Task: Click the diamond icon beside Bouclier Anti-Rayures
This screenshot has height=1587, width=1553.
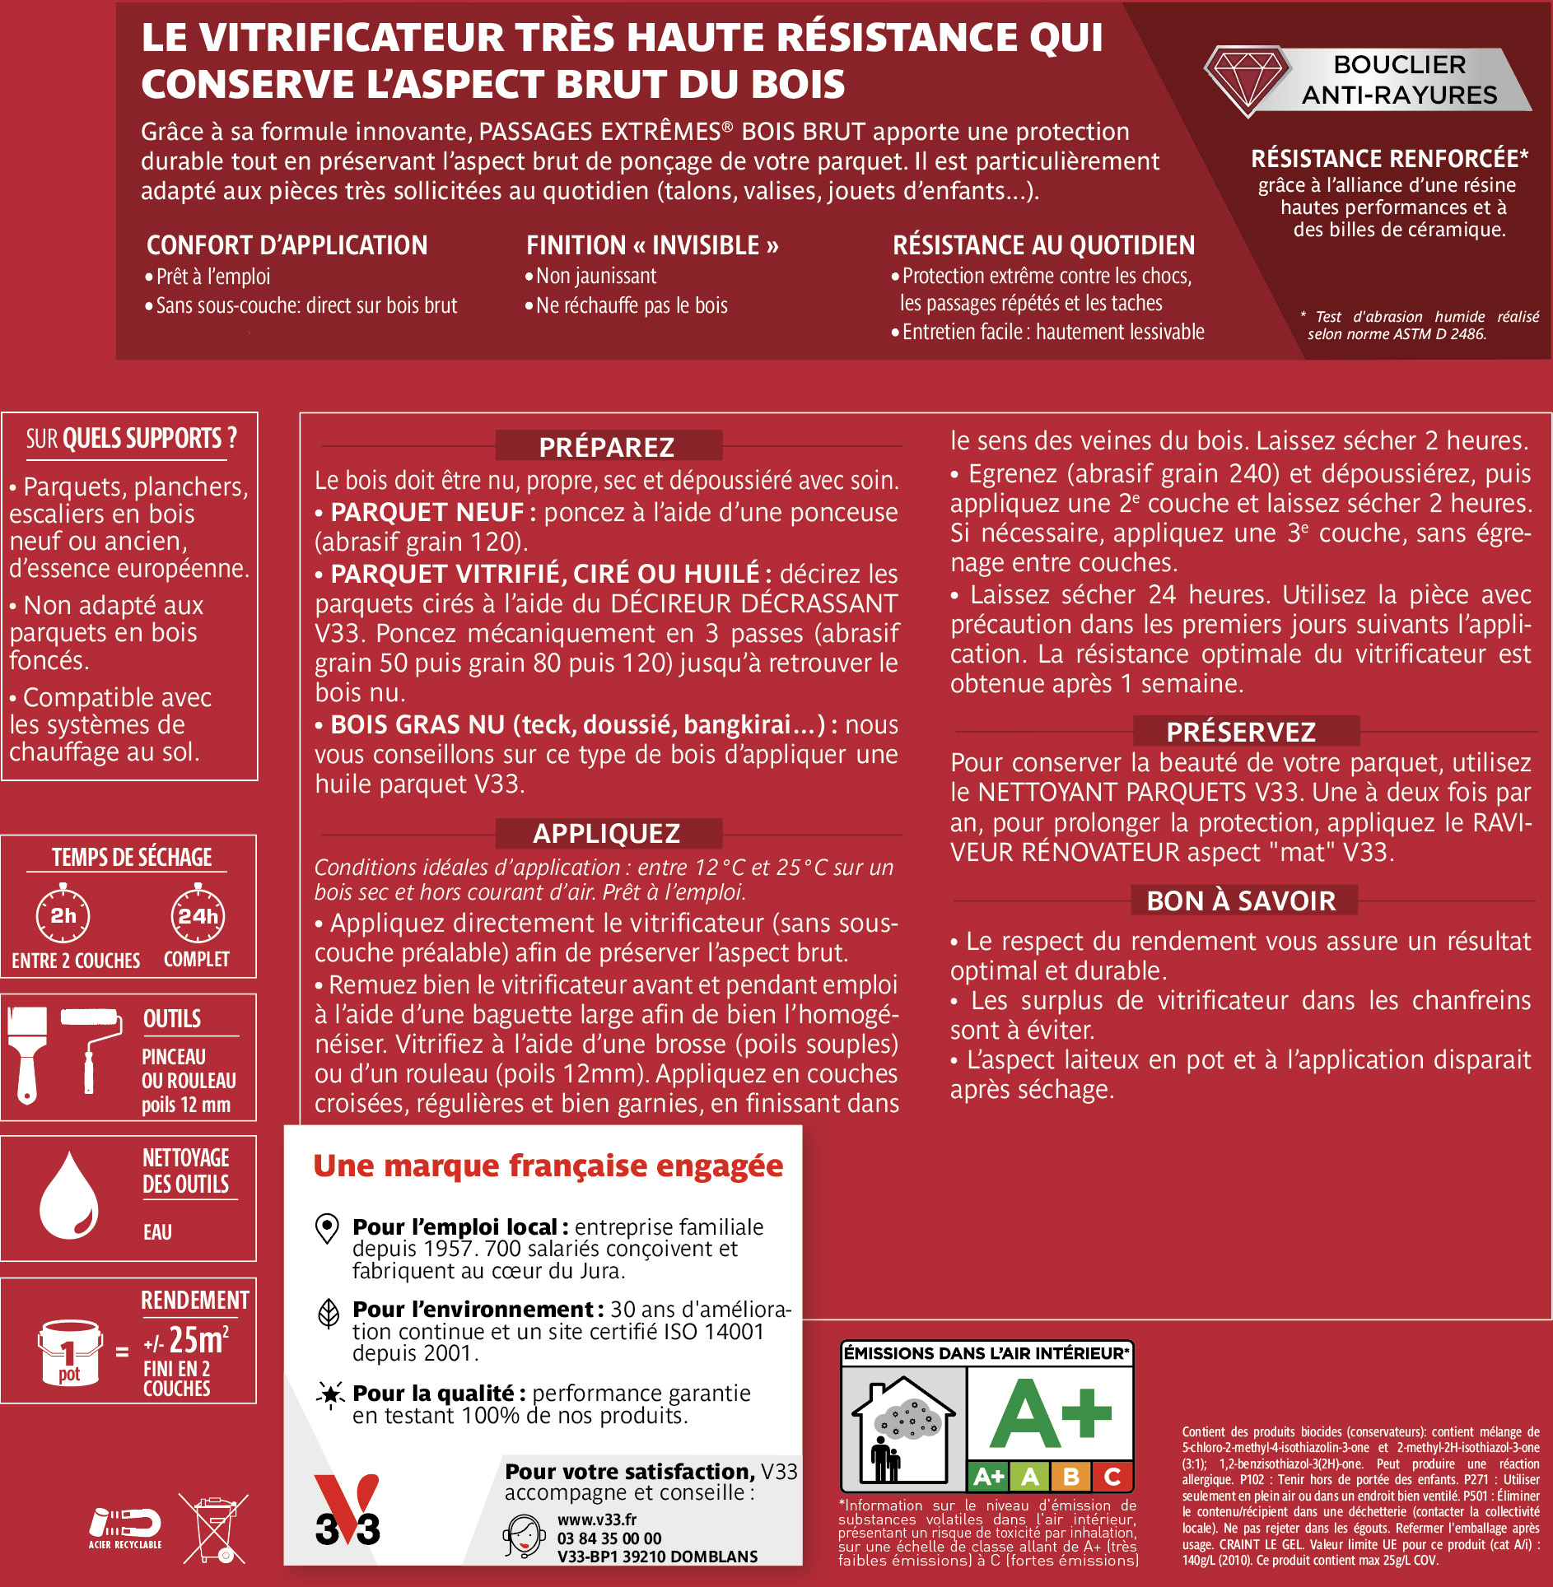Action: pos(1247,80)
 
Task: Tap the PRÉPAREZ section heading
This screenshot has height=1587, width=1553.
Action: pos(608,446)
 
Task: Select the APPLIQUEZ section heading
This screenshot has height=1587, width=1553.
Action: pos(608,833)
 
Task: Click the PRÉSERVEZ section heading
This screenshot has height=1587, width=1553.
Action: pos(1241,731)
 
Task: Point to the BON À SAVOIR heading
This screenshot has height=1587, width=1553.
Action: pos(1241,901)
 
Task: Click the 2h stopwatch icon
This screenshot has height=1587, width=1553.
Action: pos(63,914)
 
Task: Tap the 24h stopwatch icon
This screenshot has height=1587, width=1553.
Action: pos(198,914)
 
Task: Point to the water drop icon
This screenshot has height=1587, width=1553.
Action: pos(69,1198)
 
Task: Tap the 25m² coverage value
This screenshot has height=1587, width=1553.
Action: pos(198,1340)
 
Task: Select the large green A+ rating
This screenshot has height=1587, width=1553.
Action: pos(1051,1415)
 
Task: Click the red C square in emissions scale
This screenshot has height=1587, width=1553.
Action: pos(1112,1477)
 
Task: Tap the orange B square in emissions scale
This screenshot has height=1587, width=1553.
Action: pos(1071,1477)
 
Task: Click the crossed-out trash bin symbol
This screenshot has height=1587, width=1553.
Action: pos(214,1529)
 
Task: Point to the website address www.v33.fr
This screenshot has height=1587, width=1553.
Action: pos(597,1520)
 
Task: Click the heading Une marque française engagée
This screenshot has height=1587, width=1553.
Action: pos(548,1166)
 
